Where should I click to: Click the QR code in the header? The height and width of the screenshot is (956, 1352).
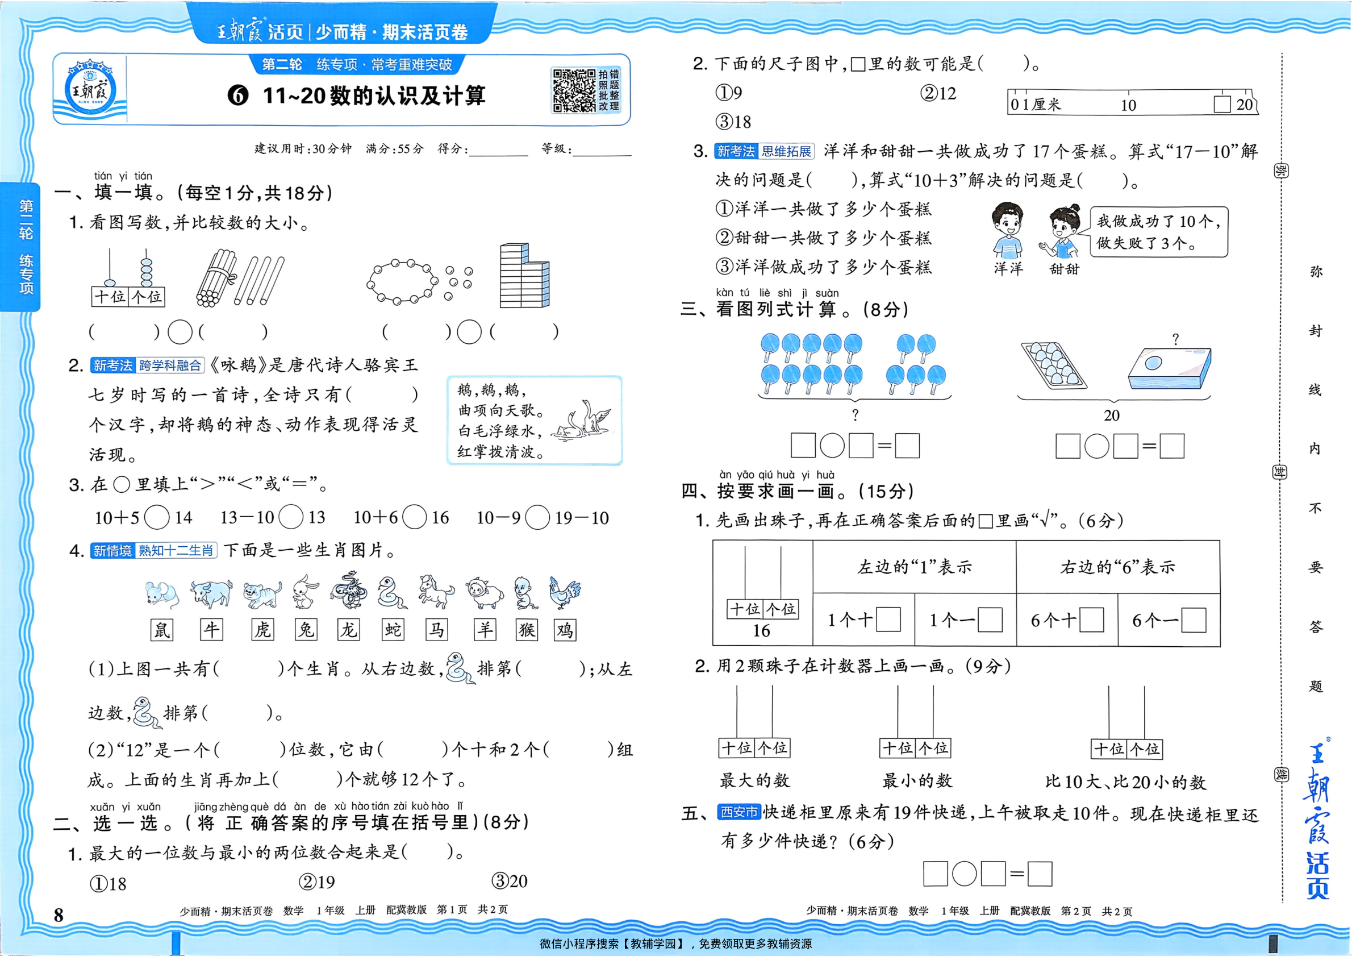point(574,90)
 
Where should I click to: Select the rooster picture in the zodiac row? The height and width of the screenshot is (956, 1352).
point(564,593)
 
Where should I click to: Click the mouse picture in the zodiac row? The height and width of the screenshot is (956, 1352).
point(161,594)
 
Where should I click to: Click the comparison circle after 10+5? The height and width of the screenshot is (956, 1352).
point(157,517)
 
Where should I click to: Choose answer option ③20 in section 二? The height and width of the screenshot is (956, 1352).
point(510,881)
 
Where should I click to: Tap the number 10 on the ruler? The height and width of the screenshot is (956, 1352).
point(1128,106)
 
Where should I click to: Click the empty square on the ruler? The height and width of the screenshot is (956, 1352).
point(1222,104)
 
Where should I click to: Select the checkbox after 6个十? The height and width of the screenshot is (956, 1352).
point(1092,620)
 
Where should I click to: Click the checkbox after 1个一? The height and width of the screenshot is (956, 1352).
point(990,620)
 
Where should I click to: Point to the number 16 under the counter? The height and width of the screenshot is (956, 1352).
point(761,631)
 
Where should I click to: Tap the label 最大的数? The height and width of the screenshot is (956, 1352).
point(754,780)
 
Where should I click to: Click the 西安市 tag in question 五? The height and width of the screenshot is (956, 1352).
point(739,812)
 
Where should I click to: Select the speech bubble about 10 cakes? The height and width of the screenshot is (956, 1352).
point(1158,231)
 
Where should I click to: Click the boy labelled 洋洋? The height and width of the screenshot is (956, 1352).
point(1007,231)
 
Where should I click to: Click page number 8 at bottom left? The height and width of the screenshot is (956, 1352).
point(59,915)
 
